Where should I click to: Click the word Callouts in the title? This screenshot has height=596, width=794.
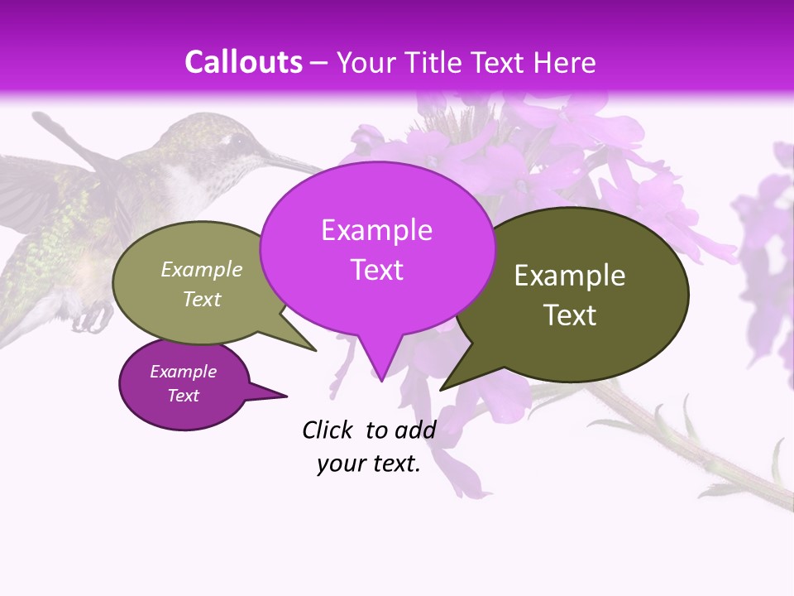[243, 62]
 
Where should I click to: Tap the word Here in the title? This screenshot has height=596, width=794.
[565, 62]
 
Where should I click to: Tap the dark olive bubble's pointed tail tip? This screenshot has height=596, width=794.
[442, 388]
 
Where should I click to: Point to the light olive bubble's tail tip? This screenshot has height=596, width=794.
[315, 350]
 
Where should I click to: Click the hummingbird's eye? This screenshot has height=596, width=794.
[238, 142]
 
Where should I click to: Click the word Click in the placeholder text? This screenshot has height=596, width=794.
[327, 430]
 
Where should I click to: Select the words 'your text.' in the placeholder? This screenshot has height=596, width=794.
[369, 464]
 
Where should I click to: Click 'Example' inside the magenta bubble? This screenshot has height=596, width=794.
[376, 230]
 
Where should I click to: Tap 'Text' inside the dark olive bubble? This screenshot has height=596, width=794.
[570, 315]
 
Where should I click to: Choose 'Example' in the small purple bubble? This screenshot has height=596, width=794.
[183, 372]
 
